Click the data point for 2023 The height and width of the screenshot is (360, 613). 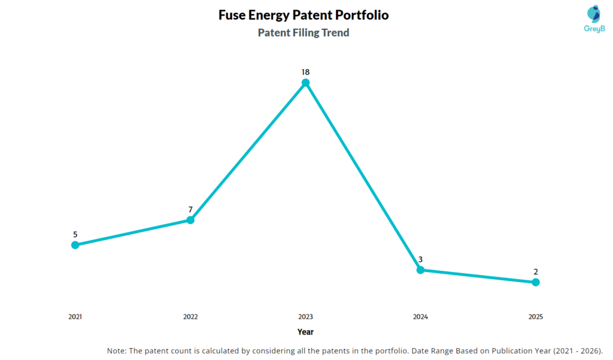pyautogui.click(x=305, y=83)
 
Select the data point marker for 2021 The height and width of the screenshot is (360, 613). pyautogui.click(x=75, y=245)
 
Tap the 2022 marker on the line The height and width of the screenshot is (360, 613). pyautogui.click(x=190, y=220)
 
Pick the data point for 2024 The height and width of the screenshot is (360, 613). pyautogui.click(x=420, y=270)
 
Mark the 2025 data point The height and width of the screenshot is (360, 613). pyautogui.click(x=536, y=282)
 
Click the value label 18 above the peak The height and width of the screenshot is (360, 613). pyautogui.click(x=305, y=72)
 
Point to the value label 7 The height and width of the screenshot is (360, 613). pyautogui.click(x=190, y=210)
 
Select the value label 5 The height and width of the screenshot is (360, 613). pyautogui.click(x=75, y=235)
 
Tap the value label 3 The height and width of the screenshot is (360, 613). pyautogui.click(x=420, y=259)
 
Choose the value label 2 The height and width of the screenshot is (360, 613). pyautogui.click(x=536, y=272)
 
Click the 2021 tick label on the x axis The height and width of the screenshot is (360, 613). pyautogui.click(x=75, y=316)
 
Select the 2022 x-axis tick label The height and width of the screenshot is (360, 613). pyautogui.click(x=190, y=316)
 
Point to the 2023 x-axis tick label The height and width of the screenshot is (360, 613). pyautogui.click(x=305, y=316)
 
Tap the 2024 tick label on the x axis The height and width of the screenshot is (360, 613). pyautogui.click(x=420, y=316)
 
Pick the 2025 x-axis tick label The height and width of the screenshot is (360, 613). pyautogui.click(x=536, y=316)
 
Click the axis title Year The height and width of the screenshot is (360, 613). pyautogui.click(x=305, y=332)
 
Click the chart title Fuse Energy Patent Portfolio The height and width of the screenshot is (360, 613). pyautogui.click(x=304, y=15)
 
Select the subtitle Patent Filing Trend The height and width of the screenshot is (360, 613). pyautogui.click(x=304, y=33)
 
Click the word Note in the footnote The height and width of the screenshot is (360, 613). pyautogui.click(x=117, y=351)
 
